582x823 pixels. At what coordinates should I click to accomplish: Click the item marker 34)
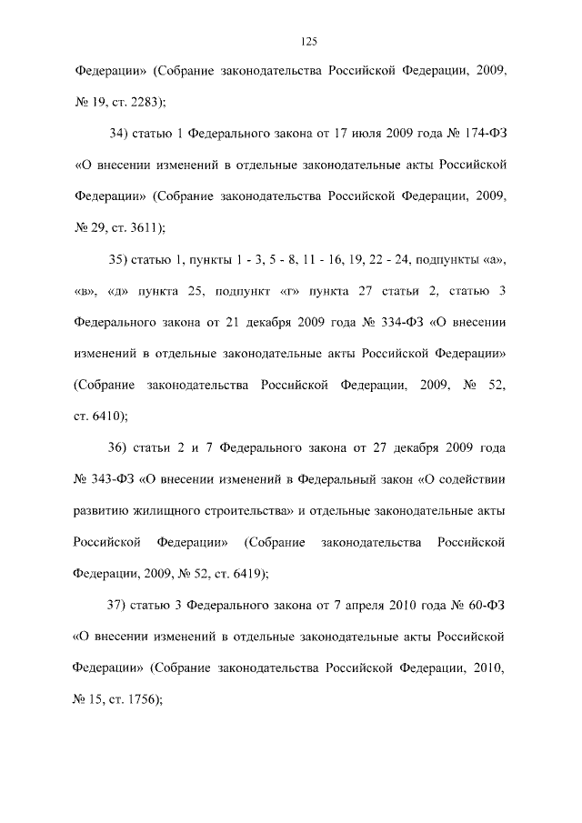(x=120, y=135)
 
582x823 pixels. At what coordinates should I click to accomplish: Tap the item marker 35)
(x=120, y=260)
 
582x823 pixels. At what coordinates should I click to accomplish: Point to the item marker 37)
(x=118, y=606)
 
